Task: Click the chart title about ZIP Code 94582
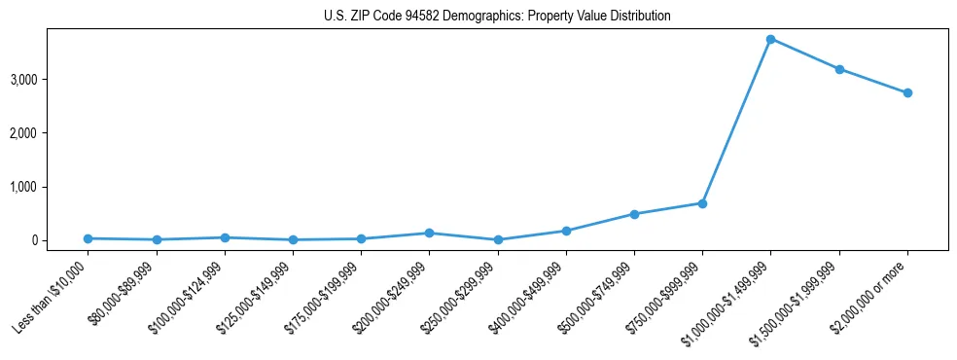pyautogui.click(x=497, y=17)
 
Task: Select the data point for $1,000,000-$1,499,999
pyautogui.click(x=770, y=39)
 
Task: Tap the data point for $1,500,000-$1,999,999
pyautogui.click(x=838, y=69)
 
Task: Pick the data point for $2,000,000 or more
pyautogui.click(x=907, y=92)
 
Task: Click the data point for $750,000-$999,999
pyautogui.click(x=702, y=203)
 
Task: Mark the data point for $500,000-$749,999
pyautogui.click(x=634, y=214)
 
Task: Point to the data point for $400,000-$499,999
pyautogui.click(x=566, y=231)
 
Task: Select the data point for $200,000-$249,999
pyautogui.click(x=429, y=233)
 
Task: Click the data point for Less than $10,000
pyautogui.click(x=89, y=238)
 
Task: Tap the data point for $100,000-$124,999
pyautogui.click(x=225, y=237)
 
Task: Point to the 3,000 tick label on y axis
pyautogui.click(x=51, y=79)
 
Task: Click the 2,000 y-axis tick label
pyautogui.click(x=51, y=132)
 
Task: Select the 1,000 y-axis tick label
pyautogui.click(x=51, y=187)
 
